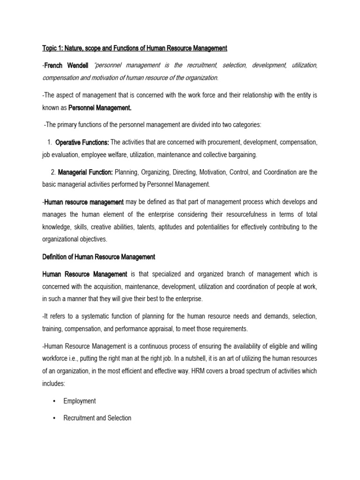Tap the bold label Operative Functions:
82,142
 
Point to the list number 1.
49,142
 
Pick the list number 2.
53,172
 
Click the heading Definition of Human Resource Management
98,257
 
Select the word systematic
89,316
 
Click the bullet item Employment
80,401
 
